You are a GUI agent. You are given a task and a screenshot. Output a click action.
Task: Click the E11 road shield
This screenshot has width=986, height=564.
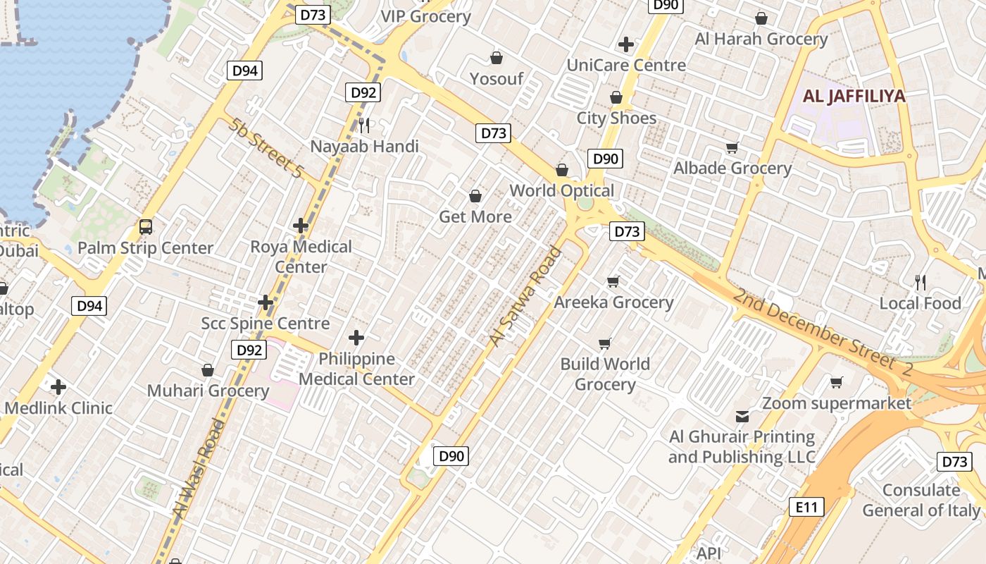point(806,506)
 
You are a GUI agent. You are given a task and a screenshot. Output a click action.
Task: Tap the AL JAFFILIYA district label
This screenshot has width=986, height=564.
point(854,97)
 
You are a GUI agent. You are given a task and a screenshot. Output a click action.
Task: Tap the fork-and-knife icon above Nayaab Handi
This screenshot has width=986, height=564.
point(364,125)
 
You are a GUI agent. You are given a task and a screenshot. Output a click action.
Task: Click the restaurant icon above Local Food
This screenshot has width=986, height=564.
point(920,283)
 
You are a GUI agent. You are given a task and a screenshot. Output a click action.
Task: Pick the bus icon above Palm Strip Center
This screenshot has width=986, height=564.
point(145,227)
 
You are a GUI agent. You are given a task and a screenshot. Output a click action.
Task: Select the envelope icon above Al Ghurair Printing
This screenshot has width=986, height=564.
point(742,417)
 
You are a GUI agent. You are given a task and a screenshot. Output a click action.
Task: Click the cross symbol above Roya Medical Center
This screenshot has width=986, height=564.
point(301,226)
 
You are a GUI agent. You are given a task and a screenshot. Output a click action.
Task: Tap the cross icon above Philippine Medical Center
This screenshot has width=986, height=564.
point(356,338)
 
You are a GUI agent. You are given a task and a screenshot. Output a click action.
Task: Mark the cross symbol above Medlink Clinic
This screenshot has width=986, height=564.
point(58,386)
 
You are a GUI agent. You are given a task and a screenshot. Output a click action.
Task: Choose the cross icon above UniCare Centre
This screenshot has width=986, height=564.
point(625,44)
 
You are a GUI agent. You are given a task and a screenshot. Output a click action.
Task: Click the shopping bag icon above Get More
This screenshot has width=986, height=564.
point(475,195)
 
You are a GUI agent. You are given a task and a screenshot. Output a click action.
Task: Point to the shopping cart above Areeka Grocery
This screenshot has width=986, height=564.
point(613,281)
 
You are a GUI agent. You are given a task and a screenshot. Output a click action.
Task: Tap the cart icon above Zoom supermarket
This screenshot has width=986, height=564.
point(837,382)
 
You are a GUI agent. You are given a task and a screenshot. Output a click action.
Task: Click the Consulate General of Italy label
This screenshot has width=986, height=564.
point(921,500)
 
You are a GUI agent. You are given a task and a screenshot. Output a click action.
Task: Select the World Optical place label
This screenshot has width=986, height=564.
point(562,190)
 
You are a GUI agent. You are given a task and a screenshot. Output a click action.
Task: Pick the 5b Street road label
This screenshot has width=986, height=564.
point(266,148)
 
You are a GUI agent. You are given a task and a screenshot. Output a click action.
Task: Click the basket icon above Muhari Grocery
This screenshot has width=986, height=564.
point(208,369)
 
